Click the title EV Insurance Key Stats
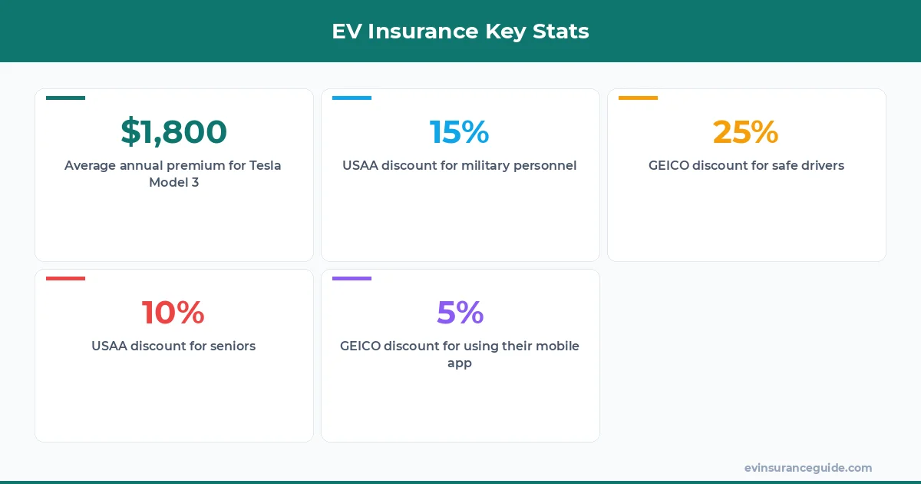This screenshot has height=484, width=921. pos(460,31)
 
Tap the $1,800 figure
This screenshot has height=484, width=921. pos(174,132)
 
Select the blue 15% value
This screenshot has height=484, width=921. pos(460,132)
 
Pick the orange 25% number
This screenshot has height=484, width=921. pos(746,132)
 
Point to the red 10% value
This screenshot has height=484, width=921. pos(173,313)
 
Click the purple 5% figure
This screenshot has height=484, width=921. pos(460,313)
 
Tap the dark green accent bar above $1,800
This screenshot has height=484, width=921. pos(65,98)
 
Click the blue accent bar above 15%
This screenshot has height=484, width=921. pos(352,98)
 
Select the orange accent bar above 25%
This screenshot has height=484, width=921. pos(638,98)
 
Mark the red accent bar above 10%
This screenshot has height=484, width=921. pos(65,278)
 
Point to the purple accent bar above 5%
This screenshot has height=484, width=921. pos(352,278)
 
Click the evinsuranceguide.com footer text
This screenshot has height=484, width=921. pos(808,468)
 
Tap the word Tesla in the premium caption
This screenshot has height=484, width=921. pos(266,166)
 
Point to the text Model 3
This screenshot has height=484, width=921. pos(174,183)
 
